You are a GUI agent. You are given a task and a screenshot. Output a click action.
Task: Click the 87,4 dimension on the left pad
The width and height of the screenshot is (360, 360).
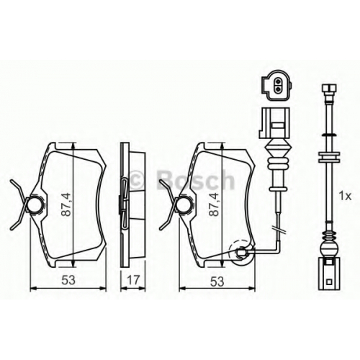66,204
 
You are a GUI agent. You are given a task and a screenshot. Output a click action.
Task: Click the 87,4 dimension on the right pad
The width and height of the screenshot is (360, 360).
214,204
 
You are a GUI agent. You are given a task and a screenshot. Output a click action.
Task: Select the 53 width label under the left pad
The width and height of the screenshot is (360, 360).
68,280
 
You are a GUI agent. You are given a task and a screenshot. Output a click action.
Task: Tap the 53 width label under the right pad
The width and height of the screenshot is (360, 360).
217,282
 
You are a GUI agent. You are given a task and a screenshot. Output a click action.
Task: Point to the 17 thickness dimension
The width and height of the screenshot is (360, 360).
133,280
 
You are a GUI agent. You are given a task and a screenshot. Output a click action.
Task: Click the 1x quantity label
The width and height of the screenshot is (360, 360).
345,197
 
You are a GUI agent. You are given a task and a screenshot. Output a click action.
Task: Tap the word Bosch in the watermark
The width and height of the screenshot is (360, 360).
195,179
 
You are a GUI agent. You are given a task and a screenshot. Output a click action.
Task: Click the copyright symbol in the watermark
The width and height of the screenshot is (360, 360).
138,180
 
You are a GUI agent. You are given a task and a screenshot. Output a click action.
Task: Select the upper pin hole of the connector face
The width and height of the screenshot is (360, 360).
278,84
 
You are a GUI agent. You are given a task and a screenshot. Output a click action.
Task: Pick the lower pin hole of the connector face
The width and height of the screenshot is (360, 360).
278,90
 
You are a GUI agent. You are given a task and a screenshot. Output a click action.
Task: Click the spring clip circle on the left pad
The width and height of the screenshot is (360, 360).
35,204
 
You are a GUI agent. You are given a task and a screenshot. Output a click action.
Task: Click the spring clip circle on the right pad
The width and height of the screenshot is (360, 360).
184,204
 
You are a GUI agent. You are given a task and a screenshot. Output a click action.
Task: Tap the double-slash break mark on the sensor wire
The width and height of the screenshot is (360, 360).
279,230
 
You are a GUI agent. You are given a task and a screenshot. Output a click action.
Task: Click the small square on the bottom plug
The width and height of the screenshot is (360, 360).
329,282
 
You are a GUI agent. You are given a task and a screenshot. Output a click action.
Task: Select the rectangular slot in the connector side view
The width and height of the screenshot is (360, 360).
278,125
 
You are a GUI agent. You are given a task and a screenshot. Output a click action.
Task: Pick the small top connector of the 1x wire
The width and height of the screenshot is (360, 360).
329,89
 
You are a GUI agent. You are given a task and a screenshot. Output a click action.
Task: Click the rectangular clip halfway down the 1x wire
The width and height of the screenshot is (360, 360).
329,157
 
